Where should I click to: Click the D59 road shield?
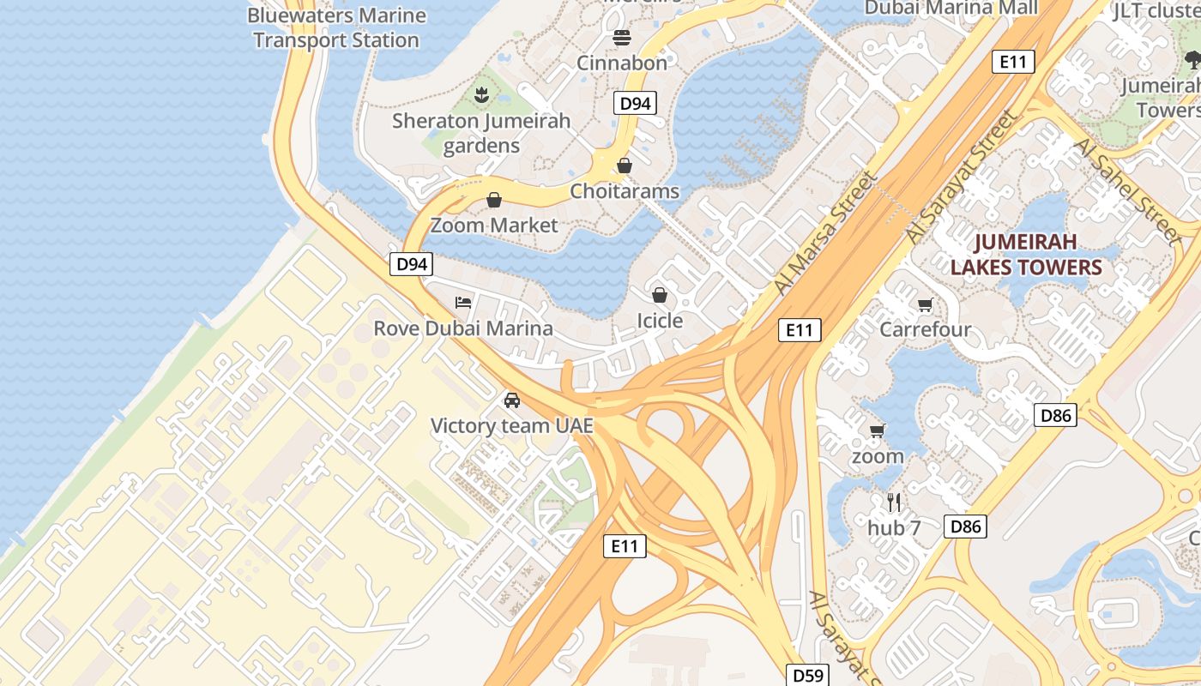click(x=807, y=676)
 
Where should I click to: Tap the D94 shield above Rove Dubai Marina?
click(x=411, y=264)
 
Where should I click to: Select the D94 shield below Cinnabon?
click(x=635, y=104)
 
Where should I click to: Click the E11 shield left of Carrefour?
click(x=800, y=330)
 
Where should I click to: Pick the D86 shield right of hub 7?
click(x=965, y=527)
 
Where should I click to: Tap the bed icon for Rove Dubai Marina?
click(x=463, y=303)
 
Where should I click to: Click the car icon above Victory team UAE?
click(x=511, y=400)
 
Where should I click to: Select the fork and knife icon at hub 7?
click(x=894, y=502)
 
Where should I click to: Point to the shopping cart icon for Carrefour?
click(x=925, y=305)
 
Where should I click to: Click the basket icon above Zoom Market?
click(x=494, y=201)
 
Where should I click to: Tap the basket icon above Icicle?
click(x=660, y=296)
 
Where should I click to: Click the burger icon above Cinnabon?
click(x=622, y=38)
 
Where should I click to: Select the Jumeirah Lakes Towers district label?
click(x=1025, y=253)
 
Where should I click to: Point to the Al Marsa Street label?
click(x=825, y=233)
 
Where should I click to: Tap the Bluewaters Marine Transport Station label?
click(x=336, y=27)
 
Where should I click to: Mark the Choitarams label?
click(x=625, y=191)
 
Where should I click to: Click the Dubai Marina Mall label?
click(x=951, y=8)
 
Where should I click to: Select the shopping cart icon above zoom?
click(x=877, y=431)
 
